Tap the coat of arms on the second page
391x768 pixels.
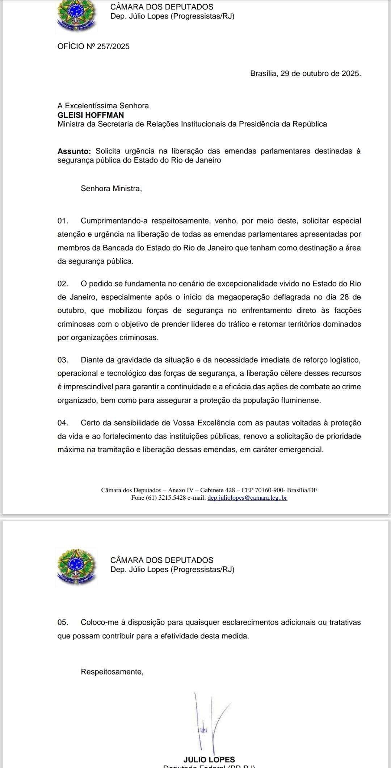tap(76, 567)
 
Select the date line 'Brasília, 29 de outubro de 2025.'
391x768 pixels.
tap(305, 74)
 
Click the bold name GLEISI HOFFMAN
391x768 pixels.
tap(91, 115)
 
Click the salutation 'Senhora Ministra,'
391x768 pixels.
tap(111, 189)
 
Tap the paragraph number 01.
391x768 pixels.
tap(63, 221)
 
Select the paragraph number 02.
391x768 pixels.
tap(63, 284)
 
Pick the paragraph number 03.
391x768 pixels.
tap(63, 360)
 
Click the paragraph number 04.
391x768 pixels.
tap(63, 423)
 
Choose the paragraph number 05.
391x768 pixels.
tap(63, 622)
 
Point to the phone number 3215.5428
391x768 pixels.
tap(172, 498)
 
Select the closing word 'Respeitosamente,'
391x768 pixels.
tap(112, 672)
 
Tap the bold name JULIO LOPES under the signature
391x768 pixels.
tap(209, 759)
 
